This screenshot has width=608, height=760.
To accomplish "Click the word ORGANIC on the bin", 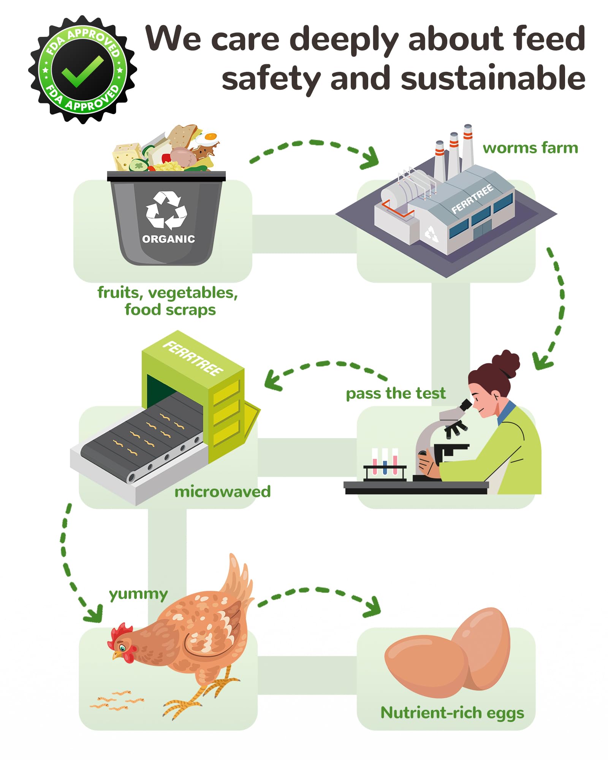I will pos(168,239).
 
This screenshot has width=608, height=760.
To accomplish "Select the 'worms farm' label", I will pos(530,148).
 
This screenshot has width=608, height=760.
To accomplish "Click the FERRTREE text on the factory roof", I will pos(472,198).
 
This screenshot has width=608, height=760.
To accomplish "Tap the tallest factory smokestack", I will pos(467,148).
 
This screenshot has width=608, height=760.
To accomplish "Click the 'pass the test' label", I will pos(396,393).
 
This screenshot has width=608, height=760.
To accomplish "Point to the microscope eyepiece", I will pos(465,405).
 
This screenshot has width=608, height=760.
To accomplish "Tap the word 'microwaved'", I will pos(222,492).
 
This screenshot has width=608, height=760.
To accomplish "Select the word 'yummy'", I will pos(138,594).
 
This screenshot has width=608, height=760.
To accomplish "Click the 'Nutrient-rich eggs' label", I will pos(452,713).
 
